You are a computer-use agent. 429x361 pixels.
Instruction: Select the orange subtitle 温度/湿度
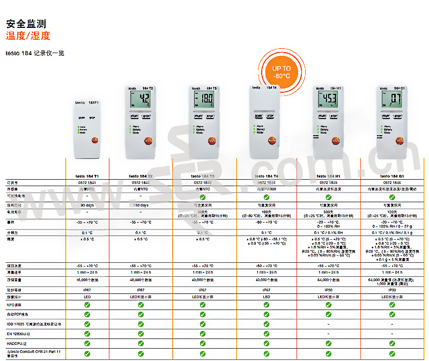pos(28,36)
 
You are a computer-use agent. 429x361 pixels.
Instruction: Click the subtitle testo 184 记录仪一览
pos(35,53)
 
